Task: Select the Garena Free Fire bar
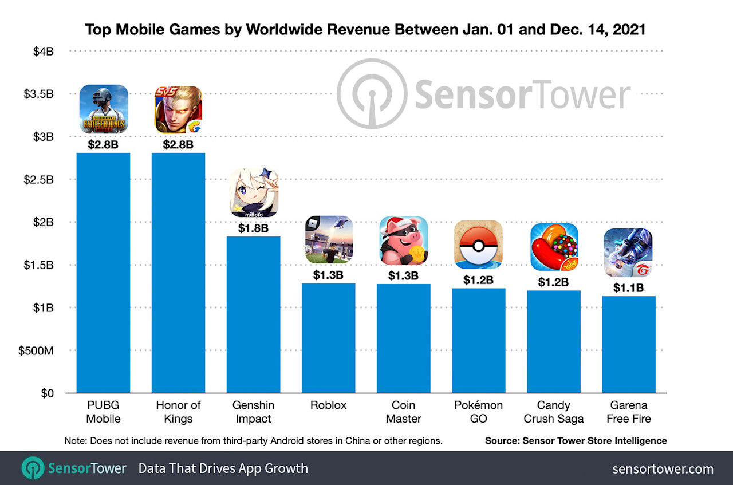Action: pos(629,344)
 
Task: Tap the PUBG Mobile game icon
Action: pos(104,109)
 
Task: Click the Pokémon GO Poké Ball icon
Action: pos(478,245)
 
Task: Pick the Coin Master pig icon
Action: pos(404,240)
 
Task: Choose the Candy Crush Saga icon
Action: pos(554,247)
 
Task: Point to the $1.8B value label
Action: pos(254,228)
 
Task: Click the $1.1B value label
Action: pos(629,288)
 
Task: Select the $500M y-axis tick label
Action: pos(36,350)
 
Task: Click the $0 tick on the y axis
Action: pos(47,393)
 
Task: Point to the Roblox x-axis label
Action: pos(328,405)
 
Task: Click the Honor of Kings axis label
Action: pos(179,412)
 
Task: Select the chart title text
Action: pos(365,30)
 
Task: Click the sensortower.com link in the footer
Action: pos(663,469)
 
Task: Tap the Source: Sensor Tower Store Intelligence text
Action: pos(576,441)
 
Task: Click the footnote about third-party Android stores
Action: pos(254,441)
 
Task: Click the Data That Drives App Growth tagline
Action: pos(223,468)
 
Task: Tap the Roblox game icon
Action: pos(329,239)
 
